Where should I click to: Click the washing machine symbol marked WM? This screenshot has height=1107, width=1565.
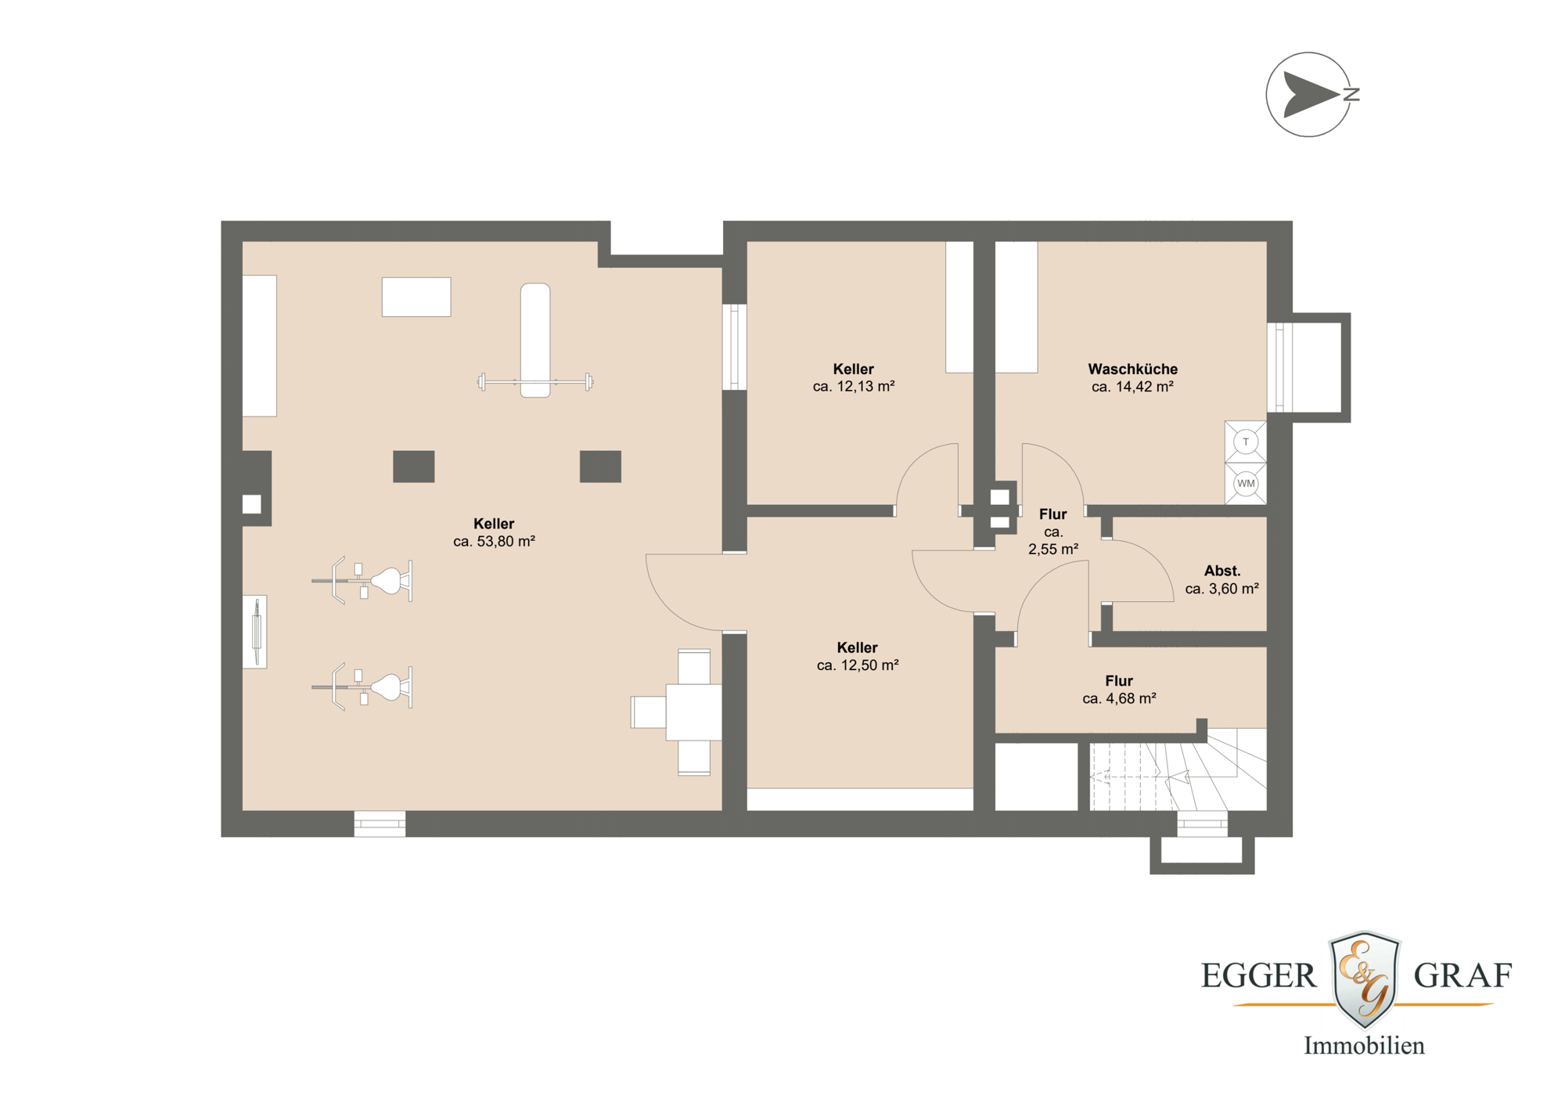click(1245, 484)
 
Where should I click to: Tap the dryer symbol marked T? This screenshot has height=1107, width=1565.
click(1245, 442)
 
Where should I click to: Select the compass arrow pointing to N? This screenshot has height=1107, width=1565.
click(1311, 95)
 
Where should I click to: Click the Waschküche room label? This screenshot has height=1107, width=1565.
click(1132, 369)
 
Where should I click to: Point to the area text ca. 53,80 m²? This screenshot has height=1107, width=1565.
click(494, 541)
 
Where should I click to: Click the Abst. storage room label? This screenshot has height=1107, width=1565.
click(1221, 571)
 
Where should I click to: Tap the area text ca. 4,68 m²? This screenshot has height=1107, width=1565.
click(1119, 698)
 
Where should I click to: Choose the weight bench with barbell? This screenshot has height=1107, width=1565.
click(535, 341)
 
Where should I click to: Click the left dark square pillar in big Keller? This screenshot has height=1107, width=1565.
click(413, 467)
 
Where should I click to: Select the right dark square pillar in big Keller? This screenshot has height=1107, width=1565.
click(600, 467)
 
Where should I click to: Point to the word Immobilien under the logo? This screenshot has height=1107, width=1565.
click(1363, 1046)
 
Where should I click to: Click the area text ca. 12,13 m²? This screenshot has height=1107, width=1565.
click(853, 386)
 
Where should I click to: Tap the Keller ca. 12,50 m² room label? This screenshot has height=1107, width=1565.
click(857, 647)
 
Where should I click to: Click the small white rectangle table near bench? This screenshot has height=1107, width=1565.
click(416, 297)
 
